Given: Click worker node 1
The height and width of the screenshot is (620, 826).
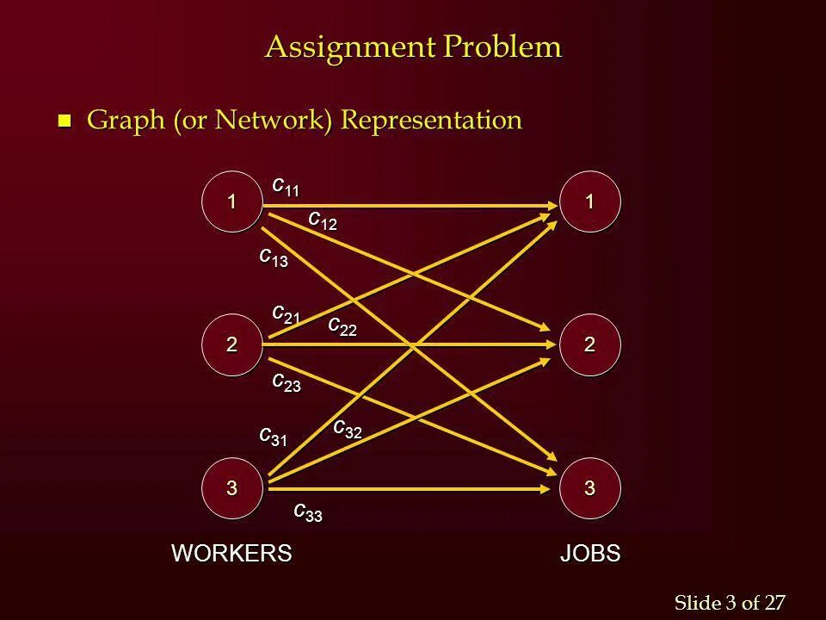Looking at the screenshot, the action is coord(231,201).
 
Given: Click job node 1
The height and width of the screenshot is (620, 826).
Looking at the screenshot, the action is coord(589,201).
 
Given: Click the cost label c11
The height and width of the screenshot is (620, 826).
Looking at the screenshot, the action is coord(286,186).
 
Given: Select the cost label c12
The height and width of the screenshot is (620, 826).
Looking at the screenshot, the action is coord(323,220).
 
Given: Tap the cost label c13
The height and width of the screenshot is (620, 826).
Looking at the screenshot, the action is coord(274,257).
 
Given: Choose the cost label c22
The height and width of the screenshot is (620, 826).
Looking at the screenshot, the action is coord(342,326).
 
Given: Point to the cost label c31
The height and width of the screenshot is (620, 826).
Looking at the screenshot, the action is coord(274,437).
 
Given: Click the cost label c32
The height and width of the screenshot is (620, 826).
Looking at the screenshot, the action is coord(347,429).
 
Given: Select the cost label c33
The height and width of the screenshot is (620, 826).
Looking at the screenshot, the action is coord(307,512).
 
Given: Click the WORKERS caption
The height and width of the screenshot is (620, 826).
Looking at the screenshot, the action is coord(233,553).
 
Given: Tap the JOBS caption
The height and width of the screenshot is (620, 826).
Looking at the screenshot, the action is coord(590,553).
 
